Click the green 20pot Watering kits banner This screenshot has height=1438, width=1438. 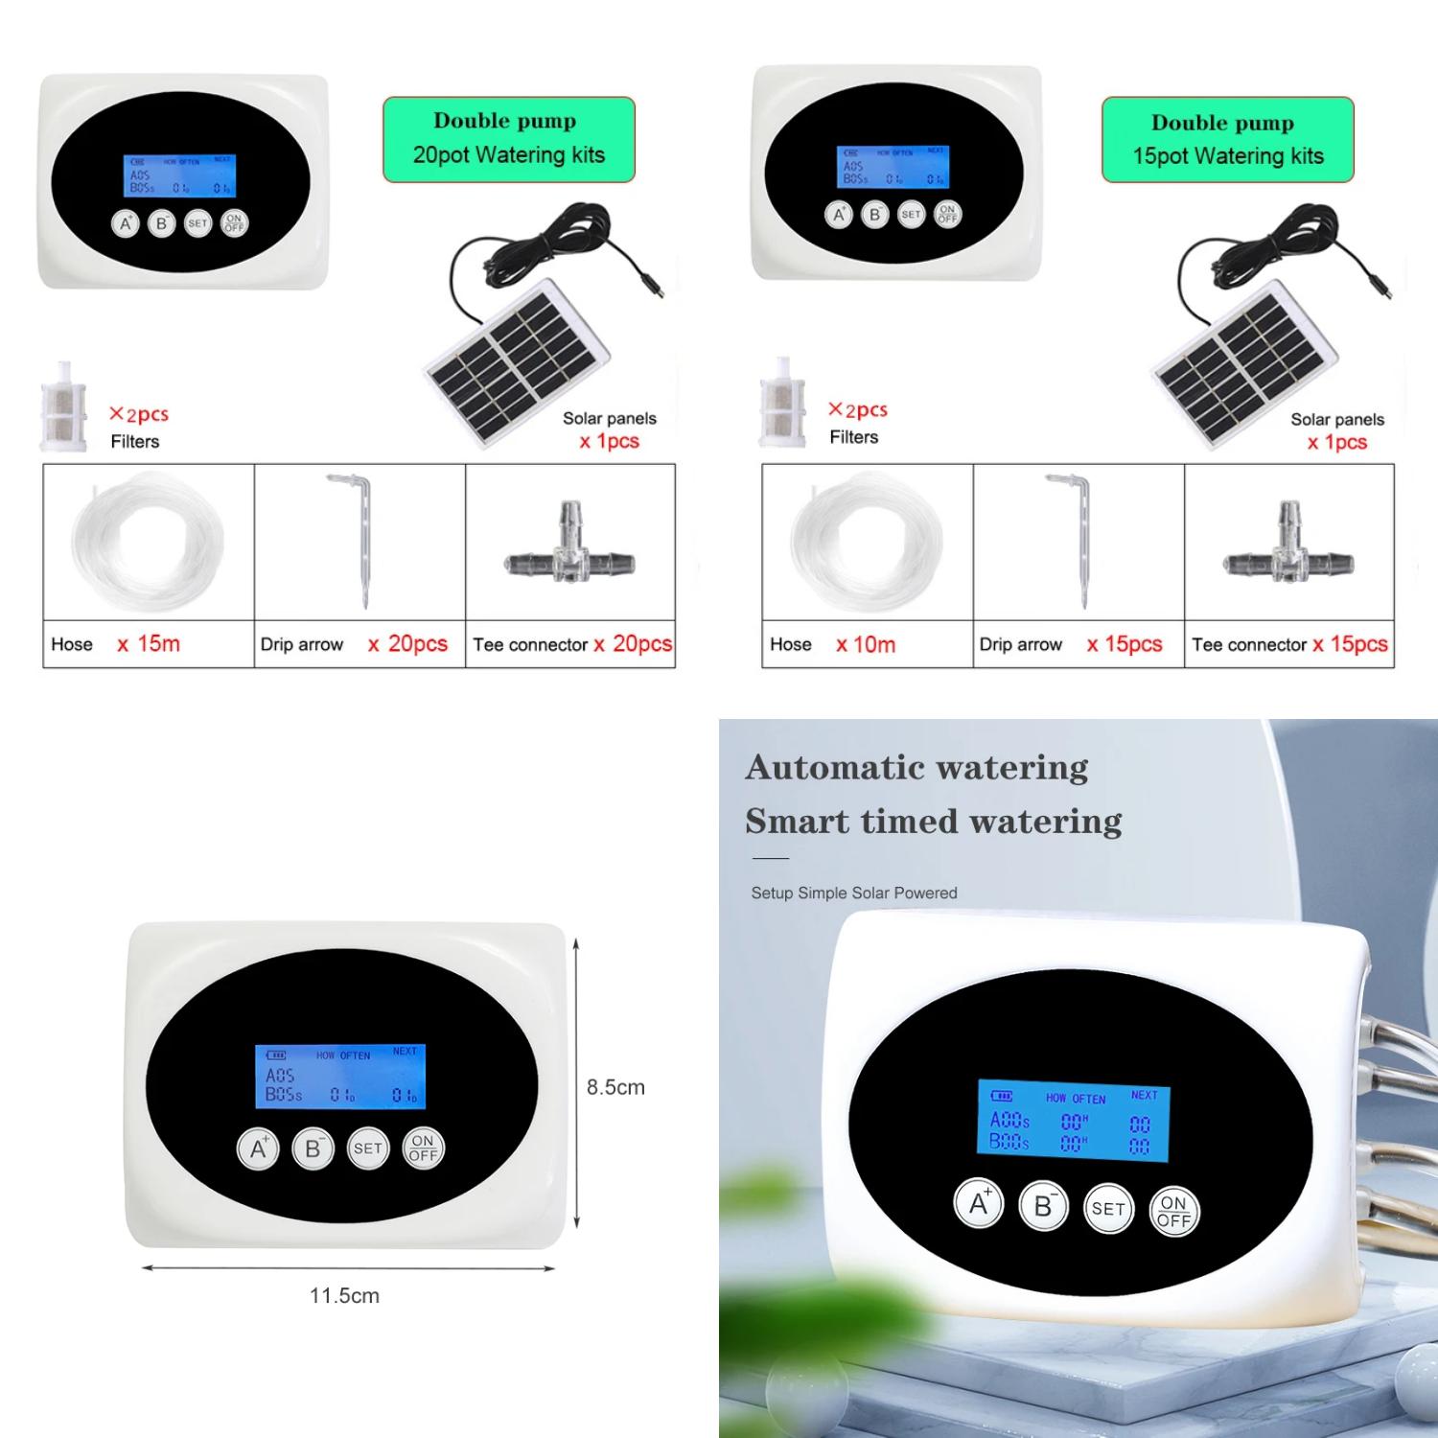508,139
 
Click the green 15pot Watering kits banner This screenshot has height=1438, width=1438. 1227,140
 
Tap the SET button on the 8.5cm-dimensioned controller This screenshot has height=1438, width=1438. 368,1148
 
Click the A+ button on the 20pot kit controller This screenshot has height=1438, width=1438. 125,223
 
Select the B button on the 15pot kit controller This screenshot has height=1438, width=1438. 874,215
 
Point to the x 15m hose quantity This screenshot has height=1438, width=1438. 149,643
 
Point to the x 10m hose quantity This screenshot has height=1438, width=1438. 865,644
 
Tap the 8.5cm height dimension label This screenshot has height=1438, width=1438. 615,1087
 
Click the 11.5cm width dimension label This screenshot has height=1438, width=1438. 344,1295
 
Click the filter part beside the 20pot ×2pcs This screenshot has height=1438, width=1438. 63,406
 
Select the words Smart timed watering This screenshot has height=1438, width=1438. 933,822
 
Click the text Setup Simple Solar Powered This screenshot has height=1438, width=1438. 853,893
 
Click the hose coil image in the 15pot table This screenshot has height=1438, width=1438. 866,543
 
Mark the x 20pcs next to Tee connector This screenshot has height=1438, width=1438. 633,643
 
